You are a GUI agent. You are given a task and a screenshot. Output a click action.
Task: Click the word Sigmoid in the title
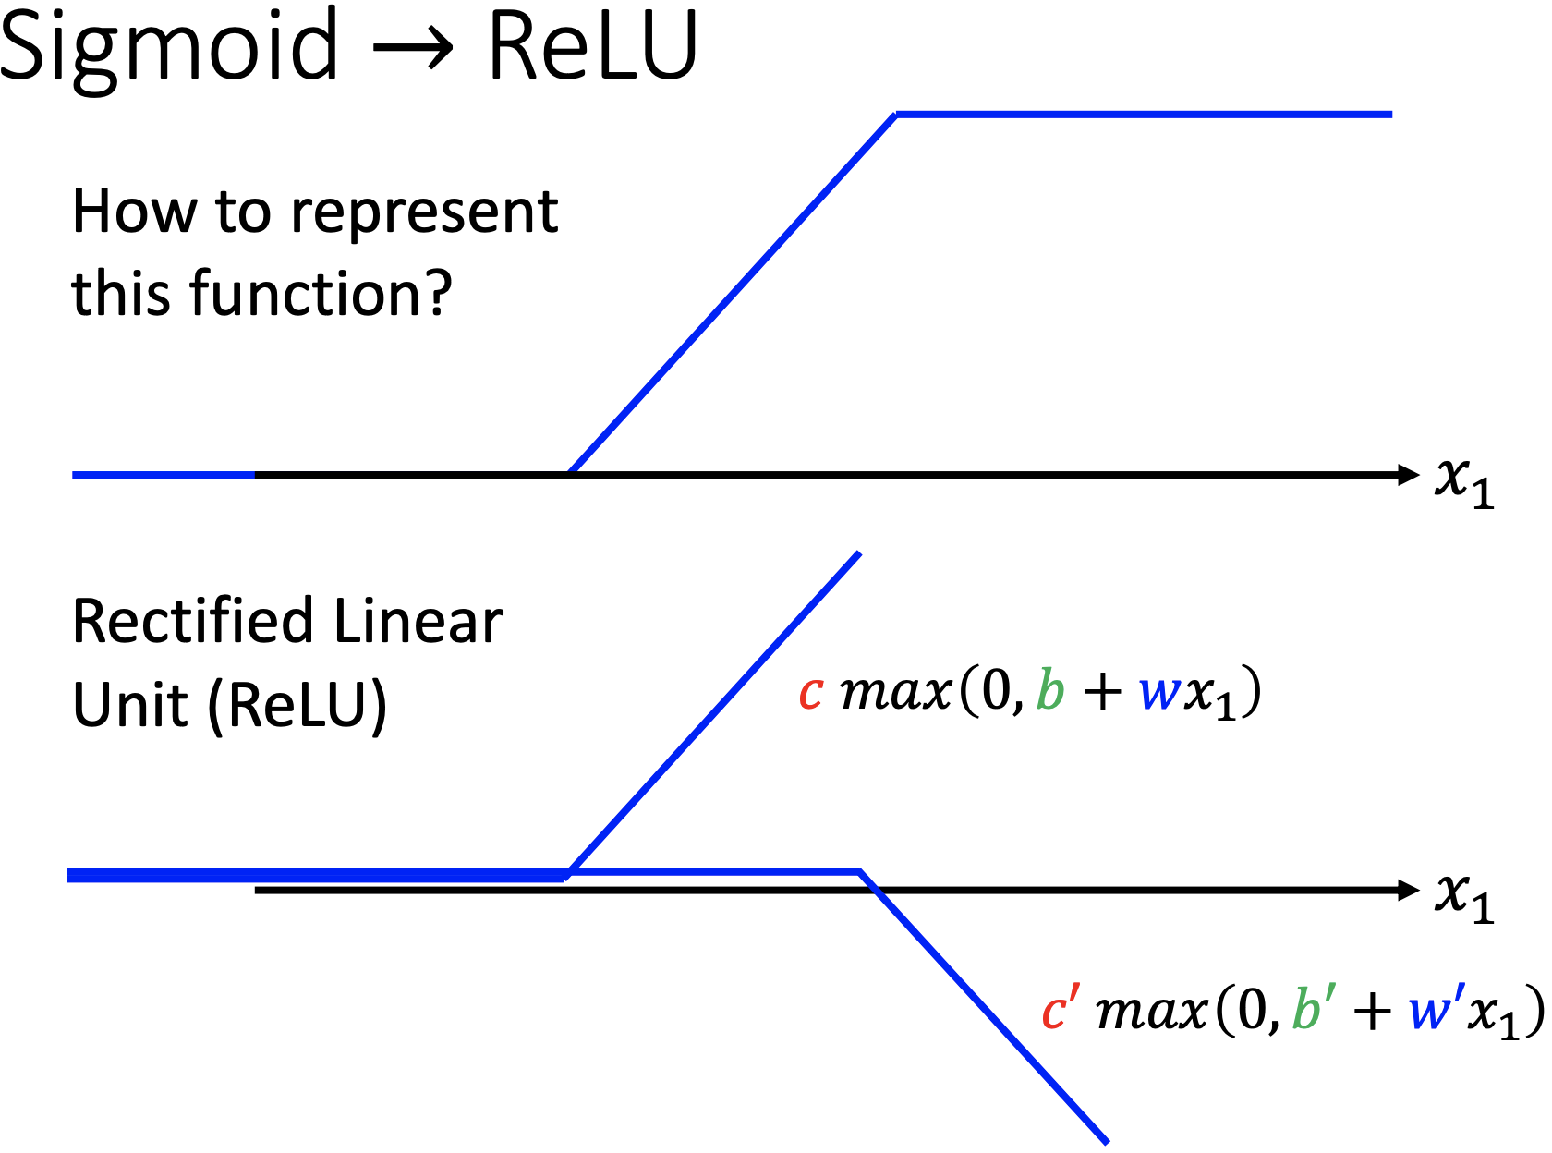click(x=169, y=46)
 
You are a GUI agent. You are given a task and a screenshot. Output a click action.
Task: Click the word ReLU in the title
click(x=592, y=46)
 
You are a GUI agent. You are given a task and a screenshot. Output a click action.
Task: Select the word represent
click(x=424, y=213)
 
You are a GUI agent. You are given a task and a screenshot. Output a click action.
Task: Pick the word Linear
click(x=418, y=621)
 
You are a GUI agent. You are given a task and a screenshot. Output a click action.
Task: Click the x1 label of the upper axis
click(x=1463, y=480)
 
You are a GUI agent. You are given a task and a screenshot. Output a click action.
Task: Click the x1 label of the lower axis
click(x=1463, y=896)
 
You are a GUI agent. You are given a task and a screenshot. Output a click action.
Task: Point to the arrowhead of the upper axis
click(x=1409, y=475)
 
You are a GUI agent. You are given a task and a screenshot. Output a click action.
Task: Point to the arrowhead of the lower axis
click(x=1409, y=890)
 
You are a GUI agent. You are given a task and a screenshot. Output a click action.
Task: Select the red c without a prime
click(x=811, y=693)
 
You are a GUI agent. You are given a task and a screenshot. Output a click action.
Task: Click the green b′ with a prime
click(x=1309, y=1007)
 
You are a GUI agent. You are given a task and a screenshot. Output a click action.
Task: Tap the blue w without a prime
click(x=1158, y=693)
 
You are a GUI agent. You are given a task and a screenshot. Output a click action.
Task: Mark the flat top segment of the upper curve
click(x=1144, y=115)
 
